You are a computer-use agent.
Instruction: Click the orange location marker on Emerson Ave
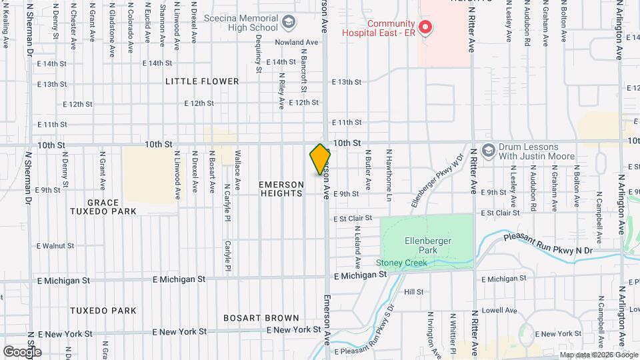click(x=320, y=159)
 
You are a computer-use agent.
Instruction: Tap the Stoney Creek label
click(x=401, y=263)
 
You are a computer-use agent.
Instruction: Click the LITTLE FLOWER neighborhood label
click(x=202, y=81)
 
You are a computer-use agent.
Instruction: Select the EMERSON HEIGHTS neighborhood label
click(x=281, y=189)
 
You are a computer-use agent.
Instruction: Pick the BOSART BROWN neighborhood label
click(x=261, y=317)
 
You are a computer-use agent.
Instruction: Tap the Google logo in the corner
click(x=22, y=351)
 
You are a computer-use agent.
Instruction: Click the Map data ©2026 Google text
click(x=598, y=355)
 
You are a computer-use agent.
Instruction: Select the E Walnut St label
click(x=55, y=246)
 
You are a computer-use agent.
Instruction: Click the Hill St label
click(x=413, y=292)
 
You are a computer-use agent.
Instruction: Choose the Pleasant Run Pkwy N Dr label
click(x=547, y=244)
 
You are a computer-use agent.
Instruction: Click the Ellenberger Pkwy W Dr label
click(x=437, y=182)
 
